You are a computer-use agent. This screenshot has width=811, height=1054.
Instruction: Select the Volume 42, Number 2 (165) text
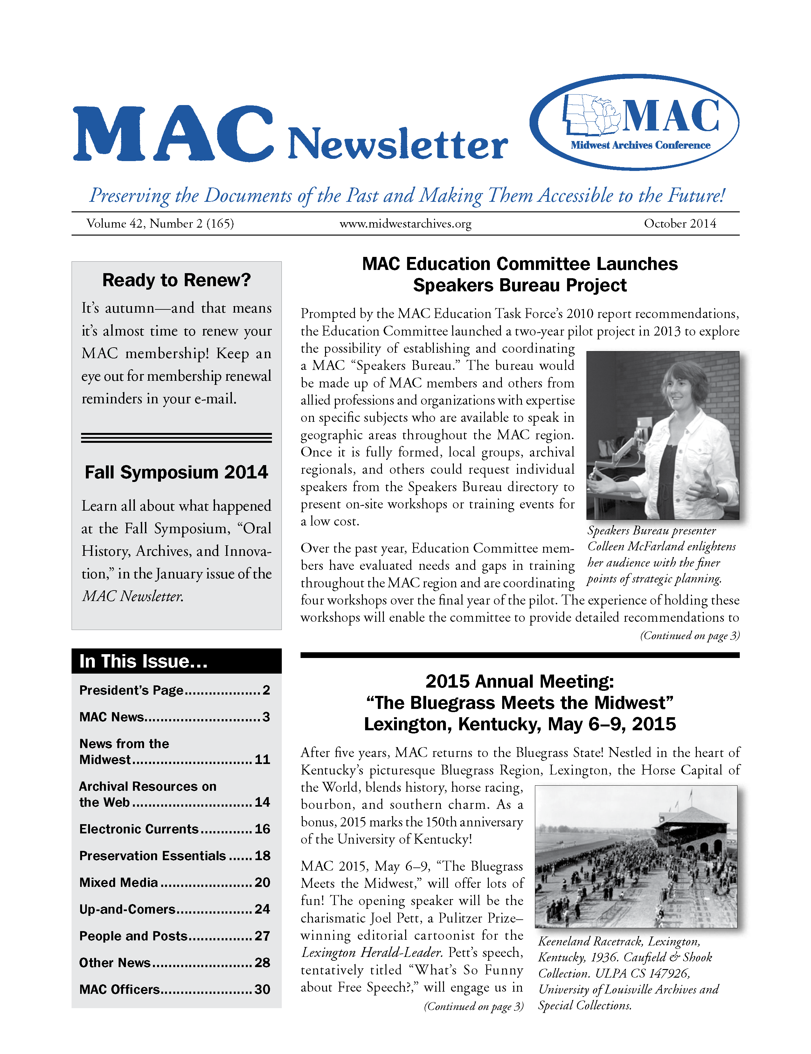(160, 223)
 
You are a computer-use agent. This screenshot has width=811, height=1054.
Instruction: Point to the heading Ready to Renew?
(177, 280)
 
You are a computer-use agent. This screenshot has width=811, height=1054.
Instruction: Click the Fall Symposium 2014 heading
(177, 472)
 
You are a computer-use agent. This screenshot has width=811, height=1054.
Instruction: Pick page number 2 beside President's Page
(266, 690)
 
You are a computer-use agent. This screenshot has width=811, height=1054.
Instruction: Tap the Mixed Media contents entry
(119, 882)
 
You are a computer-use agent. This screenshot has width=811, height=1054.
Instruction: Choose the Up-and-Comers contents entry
(127, 909)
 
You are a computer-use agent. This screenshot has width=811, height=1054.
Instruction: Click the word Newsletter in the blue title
(398, 144)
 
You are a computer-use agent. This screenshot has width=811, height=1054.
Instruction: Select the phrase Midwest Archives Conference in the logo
(640, 145)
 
